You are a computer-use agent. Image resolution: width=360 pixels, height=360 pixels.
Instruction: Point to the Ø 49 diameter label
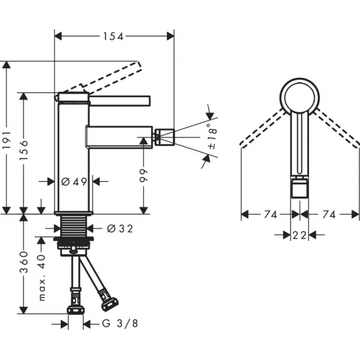tap(73, 181)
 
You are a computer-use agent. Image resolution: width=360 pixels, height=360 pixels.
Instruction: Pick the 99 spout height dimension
tap(145, 175)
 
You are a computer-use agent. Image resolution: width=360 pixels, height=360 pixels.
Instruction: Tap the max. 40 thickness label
tap(41, 279)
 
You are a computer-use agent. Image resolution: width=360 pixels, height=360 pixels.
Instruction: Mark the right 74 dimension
tap(331, 214)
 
